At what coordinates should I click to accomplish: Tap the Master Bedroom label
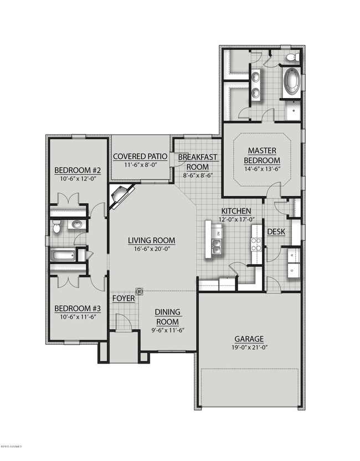tap(262, 155)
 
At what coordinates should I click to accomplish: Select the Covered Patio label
tap(141, 156)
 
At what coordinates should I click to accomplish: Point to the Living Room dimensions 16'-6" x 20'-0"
tap(151, 250)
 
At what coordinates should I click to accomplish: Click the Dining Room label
tap(167, 317)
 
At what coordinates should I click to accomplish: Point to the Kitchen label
tap(236, 211)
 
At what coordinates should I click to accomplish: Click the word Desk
tap(276, 232)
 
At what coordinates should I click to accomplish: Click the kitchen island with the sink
tap(215, 239)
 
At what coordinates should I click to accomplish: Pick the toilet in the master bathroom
tap(292, 58)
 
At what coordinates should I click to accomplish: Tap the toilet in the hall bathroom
tap(55, 227)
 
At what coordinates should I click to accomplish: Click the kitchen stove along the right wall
tap(256, 244)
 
